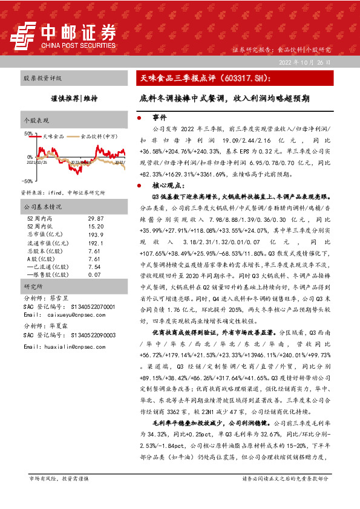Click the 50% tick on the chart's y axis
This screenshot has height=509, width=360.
coord(28,133)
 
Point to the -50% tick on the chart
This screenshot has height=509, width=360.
coord(28,181)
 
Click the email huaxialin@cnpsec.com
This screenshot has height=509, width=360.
coord(68,347)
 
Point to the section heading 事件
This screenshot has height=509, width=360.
coord(159,117)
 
